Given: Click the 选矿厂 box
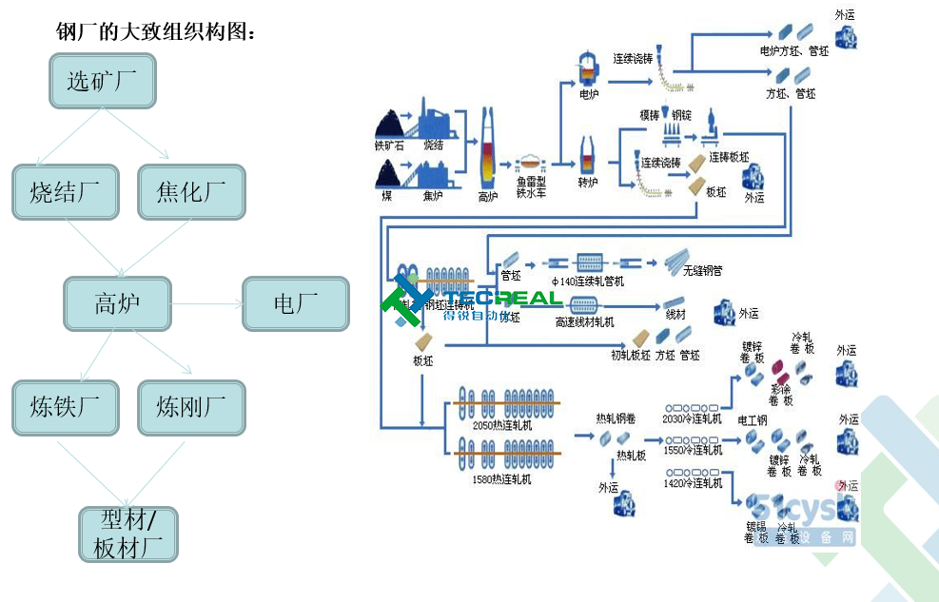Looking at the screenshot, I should (x=103, y=81).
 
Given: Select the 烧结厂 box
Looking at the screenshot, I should (x=66, y=192).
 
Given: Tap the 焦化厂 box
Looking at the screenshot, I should (x=191, y=192).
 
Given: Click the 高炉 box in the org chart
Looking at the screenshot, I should (x=117, y=303).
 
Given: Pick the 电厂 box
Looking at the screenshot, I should (x=296, y=303).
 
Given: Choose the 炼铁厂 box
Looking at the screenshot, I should (x=66, y=408).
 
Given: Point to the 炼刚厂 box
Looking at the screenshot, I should (x=191, y=408).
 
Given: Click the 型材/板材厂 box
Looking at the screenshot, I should (x=128, y=534).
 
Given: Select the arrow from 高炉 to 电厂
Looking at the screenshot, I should (x=207, y=304).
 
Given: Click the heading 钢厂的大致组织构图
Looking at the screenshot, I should (x=156, y=32).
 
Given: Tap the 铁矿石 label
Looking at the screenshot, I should (x=389, y=146).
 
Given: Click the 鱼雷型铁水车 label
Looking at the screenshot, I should (x=531, y=186).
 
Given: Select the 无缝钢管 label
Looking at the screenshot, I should (x=702, y=271).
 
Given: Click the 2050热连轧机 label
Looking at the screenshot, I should (x=501, y=425).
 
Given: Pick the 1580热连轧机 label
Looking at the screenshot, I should (x=501, y=479).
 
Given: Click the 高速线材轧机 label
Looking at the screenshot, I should (x=584, y=322).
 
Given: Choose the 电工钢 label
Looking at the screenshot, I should (x=753, y=419).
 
